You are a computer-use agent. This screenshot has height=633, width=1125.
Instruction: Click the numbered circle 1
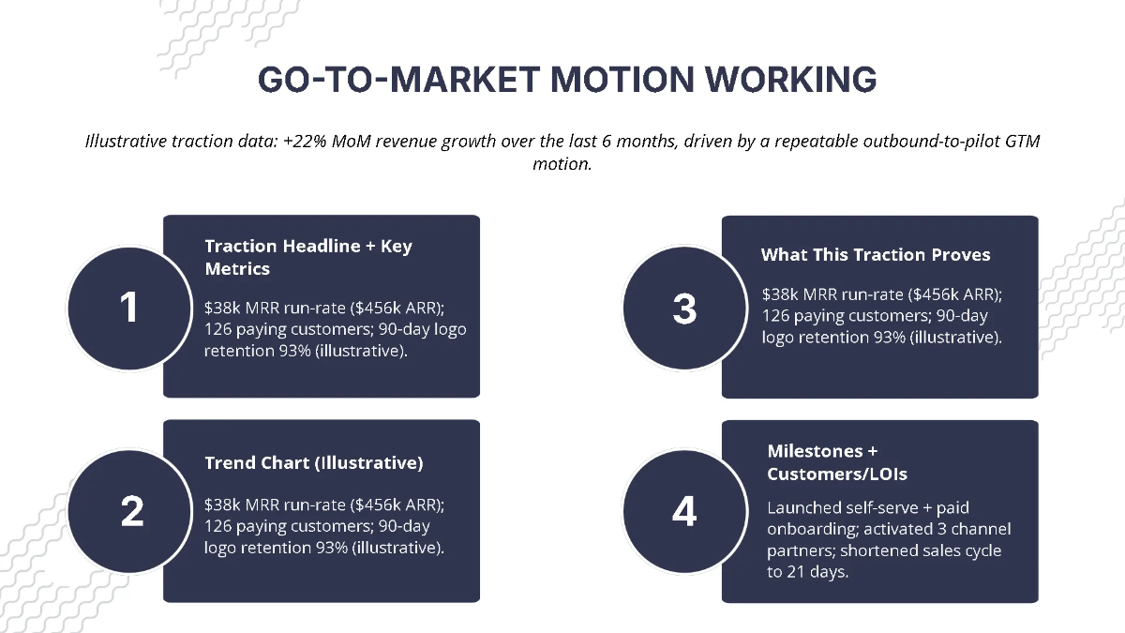(x=129, y=307)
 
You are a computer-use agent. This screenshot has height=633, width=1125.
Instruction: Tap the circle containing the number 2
(x=131, y=511)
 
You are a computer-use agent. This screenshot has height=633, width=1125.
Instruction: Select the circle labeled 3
(x=684, y=309)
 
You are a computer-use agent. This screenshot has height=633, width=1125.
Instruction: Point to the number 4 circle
(x=684, y=511)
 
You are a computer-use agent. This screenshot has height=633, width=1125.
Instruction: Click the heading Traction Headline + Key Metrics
(x=308, y=257)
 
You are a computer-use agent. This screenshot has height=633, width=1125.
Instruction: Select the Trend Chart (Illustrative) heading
(x=313, y=462)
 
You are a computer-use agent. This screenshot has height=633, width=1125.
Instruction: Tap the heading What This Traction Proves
(x=875, y=254)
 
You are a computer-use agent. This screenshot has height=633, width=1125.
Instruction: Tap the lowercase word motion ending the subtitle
(x=562, y=163)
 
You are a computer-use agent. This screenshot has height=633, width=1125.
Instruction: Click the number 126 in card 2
(x=219, y=525)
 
